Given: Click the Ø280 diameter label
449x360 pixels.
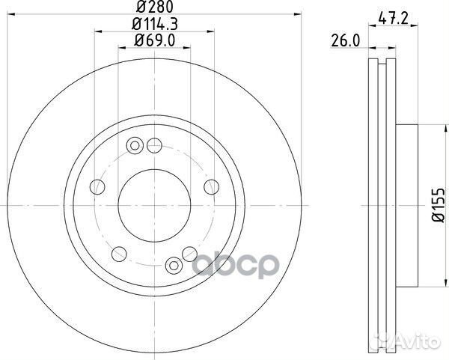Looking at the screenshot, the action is click(155, 7).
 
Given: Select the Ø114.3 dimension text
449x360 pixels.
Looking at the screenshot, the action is click(155, 24).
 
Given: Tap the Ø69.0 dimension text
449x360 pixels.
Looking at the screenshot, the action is click(155, 40).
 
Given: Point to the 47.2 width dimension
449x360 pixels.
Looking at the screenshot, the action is click(393, 19).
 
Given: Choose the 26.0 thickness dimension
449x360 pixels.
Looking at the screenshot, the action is click(345, 41).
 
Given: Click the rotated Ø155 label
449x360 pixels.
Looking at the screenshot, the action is click(439, 205).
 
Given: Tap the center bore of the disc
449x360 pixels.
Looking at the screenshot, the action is click(154, 205).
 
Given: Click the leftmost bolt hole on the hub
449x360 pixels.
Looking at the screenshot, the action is click(97, 186).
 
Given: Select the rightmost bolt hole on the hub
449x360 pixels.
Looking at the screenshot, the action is click(211, 186).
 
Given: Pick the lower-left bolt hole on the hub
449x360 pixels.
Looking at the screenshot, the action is click(119, 254).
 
